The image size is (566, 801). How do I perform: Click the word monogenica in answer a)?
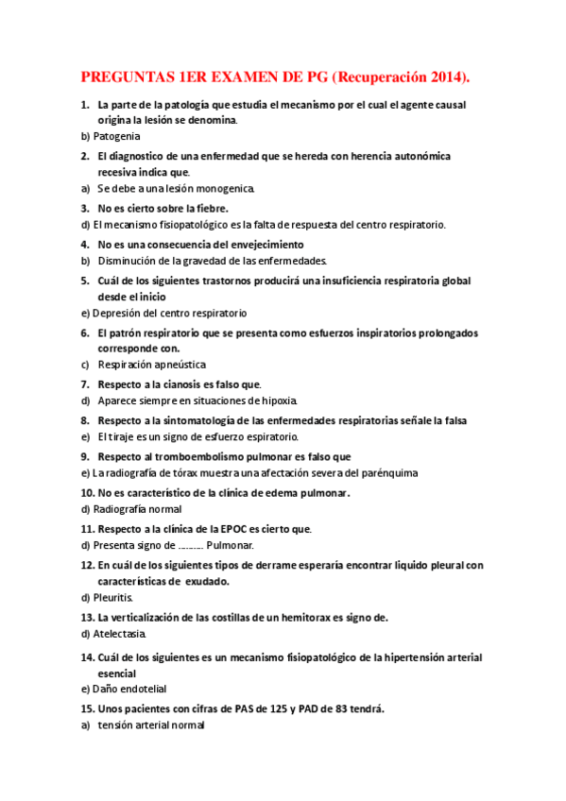(x=221, y=189)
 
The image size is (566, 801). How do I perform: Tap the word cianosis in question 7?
(x=181, y=384)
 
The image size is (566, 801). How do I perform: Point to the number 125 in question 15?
(x=275, y=708)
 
